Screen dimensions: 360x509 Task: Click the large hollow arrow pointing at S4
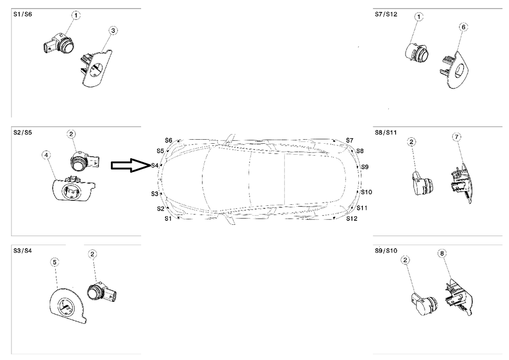(129, 166)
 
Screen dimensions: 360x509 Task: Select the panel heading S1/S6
(22, 15)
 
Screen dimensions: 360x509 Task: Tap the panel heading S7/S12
(386, 15)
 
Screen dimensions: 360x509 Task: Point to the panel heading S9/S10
(386, 251)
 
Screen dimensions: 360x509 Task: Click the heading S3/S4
(22, 251)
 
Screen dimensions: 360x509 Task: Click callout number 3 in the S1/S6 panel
(113, 31)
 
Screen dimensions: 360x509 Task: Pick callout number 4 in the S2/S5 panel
(46, 156)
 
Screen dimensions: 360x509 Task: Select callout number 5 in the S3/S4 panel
(55, 262)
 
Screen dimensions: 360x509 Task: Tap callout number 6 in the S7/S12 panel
(463, 26)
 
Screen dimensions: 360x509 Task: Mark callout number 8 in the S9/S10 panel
(442, 254)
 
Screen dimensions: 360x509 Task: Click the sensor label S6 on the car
(169, 141)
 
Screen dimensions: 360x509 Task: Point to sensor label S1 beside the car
(168, 218)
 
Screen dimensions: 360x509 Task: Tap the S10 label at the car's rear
(366, 192)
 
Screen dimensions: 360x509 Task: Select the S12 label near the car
(351, 218)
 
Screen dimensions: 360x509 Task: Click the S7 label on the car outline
(349, 141)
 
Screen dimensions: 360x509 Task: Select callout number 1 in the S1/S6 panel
(76, 16)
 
